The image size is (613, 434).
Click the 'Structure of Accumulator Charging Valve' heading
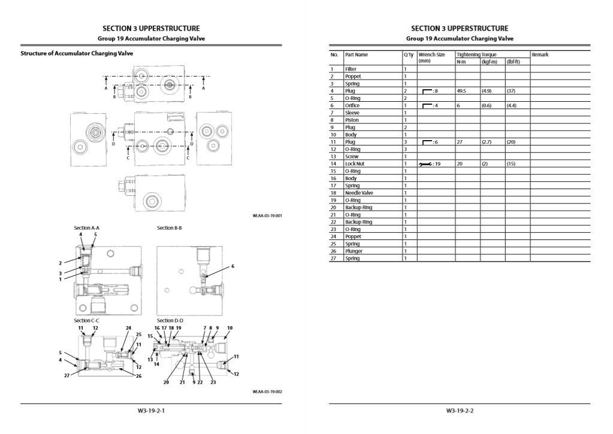coord(77,53)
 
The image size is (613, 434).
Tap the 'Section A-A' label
coord(86,227)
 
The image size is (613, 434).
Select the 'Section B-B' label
coord(169,227)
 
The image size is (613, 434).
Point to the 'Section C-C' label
coord(86,320)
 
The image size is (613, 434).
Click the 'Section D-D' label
coord(170,320)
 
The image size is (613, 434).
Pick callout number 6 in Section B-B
coord(232,266)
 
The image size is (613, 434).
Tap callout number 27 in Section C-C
coord(67,375)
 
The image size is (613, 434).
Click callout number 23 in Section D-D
coord(213,382)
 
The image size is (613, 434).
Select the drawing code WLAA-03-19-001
coord(267,216)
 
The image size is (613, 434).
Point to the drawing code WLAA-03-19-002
coord(267,391)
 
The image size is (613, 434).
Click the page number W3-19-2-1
coord(151,411)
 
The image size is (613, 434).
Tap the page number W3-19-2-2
coord(460,411)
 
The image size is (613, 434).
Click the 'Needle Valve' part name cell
coord(359,193)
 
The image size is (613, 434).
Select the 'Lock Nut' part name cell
coord(355,163)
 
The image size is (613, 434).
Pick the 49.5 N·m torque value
coord(461,91)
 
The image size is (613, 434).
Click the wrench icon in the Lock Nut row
coord(425,164)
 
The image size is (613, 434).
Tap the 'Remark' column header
coord(540,54)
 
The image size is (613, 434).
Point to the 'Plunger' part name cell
coord(354,251)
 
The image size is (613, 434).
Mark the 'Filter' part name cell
coord(351,69)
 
